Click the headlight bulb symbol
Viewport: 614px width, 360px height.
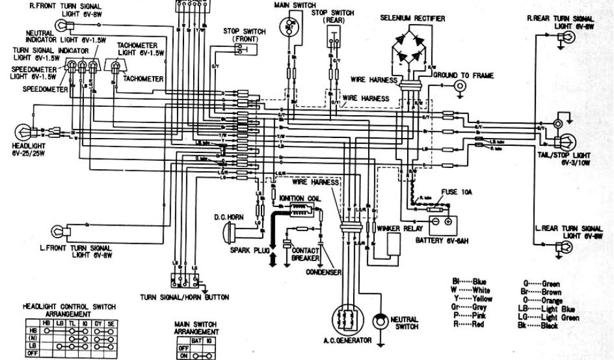[x=22, y=131]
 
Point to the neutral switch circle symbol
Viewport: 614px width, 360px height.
[x=378, y=322]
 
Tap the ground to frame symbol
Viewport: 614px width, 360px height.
[x=460, y=86]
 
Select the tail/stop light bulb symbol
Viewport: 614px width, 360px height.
[x=564, y=143]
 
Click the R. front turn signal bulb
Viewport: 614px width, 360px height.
[x=62, y=25]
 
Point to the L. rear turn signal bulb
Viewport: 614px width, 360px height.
[x=564, y=246]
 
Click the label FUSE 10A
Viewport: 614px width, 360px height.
[x=456, y=193]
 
